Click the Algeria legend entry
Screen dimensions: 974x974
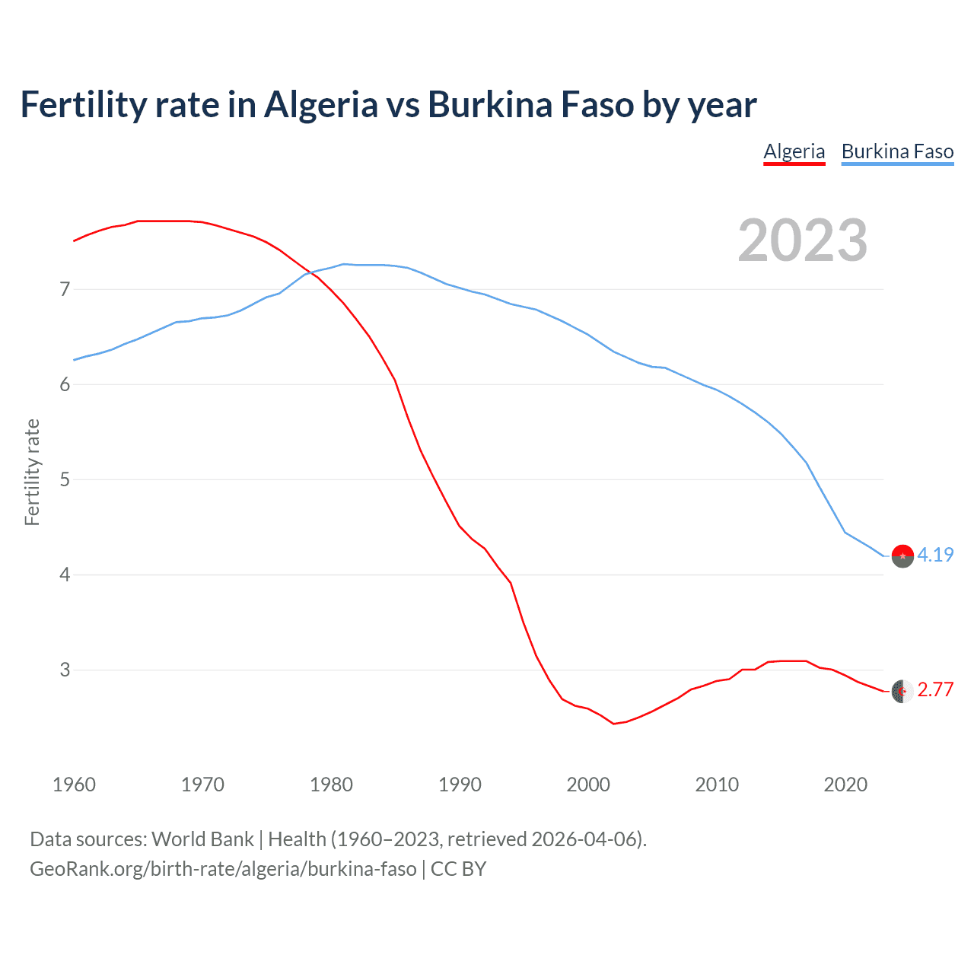click(x=794, y=151)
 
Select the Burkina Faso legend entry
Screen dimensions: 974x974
click(x=897, y=151)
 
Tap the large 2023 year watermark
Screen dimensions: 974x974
click(x=802, y=240)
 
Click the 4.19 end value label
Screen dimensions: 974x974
click(x=935, y=555)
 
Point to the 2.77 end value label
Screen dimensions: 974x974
click(x=935, y=690)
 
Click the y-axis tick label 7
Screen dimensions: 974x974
click(x=65, y=289)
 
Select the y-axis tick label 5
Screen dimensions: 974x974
click(x=65, y=479)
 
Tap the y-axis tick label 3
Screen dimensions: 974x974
click(x=65, y=670)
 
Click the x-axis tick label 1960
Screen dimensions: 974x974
click(x=74, y=785)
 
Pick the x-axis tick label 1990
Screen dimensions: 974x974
click(x=460, y=785)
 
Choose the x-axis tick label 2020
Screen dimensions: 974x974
click(x=845, y=785)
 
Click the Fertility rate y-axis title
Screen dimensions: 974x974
click(x=32, y=472)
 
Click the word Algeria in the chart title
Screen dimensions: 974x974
click(x=320, y=105)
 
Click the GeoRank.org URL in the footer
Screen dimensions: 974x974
click(x=223, y=869)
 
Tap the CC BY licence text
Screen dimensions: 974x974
click(x=458, y=869)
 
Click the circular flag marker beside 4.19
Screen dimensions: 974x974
click(x=902, y=556)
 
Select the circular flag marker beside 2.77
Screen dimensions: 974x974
click(x=902, y=691)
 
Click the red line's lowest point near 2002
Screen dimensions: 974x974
click(x=613, y=723)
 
